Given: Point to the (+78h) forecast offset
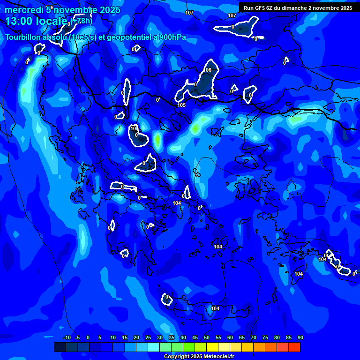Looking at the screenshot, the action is tap(82, 21).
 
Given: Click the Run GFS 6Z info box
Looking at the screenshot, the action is tap(298, 7).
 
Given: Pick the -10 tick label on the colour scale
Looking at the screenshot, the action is tap(67, 338).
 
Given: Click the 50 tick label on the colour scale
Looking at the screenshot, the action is tap(207, 338).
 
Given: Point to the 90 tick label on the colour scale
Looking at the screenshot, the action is tap(300, 338).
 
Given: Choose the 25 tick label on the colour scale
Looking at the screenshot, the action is tap(148, 338).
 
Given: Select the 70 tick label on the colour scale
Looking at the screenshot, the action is tap(254, 338).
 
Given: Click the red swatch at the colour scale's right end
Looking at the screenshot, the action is tap(294, 347).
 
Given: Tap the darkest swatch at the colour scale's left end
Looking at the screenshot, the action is tap(60, 347).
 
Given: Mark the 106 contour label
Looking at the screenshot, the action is tap(207, 70).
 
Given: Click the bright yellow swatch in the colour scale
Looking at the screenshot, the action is tap(212, 347).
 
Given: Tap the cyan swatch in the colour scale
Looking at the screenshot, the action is tap(153, 347).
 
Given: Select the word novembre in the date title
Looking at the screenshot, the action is tap(75, 10).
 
